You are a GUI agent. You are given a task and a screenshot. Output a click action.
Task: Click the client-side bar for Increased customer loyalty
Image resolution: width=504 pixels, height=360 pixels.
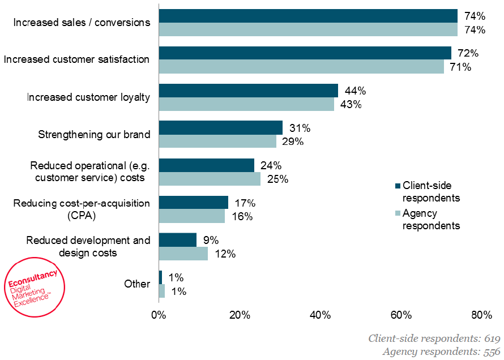(x=248, y=91)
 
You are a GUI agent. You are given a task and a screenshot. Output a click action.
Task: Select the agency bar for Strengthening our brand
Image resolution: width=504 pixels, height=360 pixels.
(x=217, y=142)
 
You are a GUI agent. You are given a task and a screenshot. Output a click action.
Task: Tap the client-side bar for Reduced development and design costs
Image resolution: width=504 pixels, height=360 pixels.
(x=177, y=239)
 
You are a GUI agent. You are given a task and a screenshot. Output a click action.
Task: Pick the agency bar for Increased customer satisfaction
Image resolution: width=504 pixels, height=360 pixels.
(x=301, y=67)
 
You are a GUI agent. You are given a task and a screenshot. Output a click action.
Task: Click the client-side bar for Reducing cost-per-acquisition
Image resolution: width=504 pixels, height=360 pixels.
(x=193, y=202)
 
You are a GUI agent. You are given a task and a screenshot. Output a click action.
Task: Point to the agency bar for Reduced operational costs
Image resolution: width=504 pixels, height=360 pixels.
(x=210, y=179)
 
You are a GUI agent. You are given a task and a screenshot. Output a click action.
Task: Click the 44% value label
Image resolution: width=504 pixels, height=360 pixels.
(x=355, y=91)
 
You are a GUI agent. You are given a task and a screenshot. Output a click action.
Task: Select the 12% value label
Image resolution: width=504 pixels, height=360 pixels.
(x=224, y=254)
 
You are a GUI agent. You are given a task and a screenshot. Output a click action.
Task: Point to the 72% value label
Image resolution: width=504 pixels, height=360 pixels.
(x=468, y=53)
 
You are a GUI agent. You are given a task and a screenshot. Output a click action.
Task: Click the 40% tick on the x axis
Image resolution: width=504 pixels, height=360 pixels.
(x=321, y=315)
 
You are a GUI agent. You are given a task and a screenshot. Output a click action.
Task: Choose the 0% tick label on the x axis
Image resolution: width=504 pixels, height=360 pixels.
(x=159, y=315)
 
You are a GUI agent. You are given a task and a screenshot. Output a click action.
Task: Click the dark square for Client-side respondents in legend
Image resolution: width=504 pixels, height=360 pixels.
(x=398, y=186)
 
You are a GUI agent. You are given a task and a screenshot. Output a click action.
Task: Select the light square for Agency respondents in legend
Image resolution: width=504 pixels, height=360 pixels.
(x=398, y=213)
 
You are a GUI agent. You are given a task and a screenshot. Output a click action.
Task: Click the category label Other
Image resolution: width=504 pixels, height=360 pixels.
(x=137, y=284)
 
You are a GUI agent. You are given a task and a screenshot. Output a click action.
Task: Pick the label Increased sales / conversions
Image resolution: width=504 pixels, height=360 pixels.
(x=82, y=23)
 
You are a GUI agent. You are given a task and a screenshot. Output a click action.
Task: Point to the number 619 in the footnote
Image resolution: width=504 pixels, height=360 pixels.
(x=490, y=338)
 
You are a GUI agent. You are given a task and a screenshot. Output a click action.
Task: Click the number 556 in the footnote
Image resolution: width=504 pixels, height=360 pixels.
(x=490, y=352)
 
